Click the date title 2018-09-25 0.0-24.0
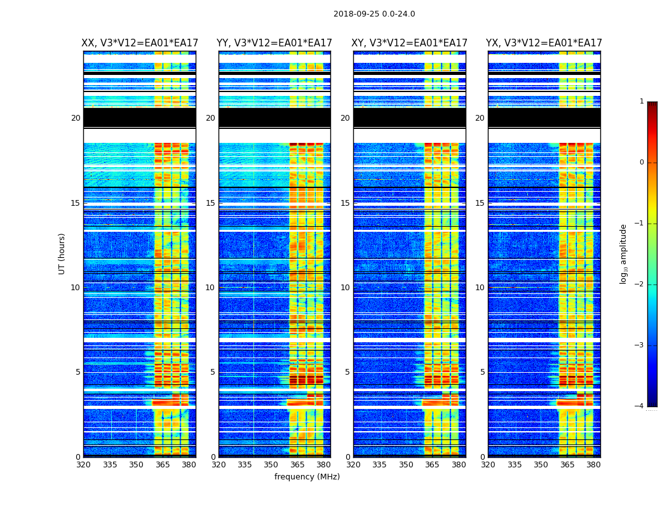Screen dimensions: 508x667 pos(374,14)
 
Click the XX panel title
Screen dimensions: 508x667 pos(140,43)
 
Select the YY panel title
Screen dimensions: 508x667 pos(274,43)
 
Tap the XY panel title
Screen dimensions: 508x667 pos(410,43)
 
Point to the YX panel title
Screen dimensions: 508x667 pos(544,43)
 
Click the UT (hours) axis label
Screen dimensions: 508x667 pos(62,253)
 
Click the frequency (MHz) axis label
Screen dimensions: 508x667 pos(307,477)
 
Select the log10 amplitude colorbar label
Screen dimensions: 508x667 pos(624,253)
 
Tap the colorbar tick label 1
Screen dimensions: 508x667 pos(641,102)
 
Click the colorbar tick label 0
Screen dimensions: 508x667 pos(641,163)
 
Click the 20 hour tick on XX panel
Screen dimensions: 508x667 pos(76,118)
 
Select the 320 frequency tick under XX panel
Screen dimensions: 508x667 pos(83,465)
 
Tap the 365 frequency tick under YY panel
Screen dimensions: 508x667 pos(297,465)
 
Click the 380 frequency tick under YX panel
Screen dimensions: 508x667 pos(593,465)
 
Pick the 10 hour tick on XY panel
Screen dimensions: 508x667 pos(345,288)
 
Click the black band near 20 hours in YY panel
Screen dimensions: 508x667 pos(274,118)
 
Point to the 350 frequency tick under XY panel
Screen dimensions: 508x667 pos(406,465)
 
